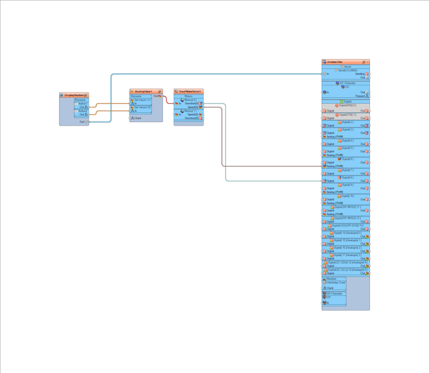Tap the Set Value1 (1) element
[x=142, y=100]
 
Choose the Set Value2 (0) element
[x=142, y=107]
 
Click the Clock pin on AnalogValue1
[x=137, y=118]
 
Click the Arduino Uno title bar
[x=336, y=62]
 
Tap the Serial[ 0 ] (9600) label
[x=347, y=70]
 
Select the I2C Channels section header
[x=347, y=83]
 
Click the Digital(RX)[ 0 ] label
[x=347, y=105]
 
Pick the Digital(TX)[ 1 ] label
[x=347, y=115]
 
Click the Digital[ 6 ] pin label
[x=347, y=159]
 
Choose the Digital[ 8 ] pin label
[x=347, y=178]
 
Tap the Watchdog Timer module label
[x=336, y=282]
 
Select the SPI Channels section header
[x=334, y=293]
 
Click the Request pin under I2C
[x=360, y=96]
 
